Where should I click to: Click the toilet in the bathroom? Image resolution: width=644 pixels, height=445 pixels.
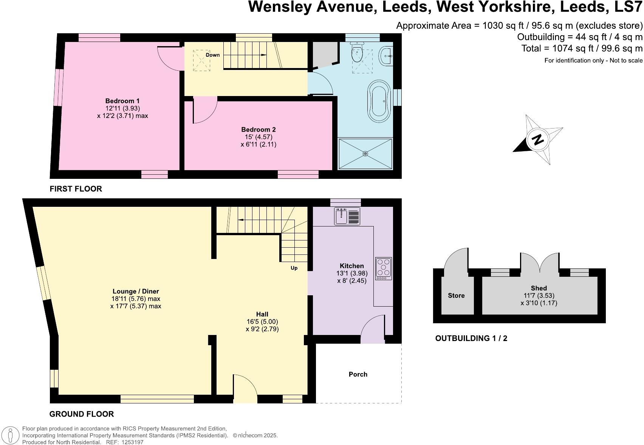tap(357, 53)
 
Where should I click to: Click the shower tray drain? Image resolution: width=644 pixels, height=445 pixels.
tap(365, 154)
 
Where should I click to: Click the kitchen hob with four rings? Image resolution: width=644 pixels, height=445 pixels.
tap(384, 268)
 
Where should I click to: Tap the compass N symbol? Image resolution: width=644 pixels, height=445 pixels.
tap(537, 140)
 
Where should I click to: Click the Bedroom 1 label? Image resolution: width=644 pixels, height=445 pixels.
tap(122, 101)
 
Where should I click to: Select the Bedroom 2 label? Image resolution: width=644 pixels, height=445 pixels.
tap(258, 130)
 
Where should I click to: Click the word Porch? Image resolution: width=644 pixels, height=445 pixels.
tap(358, 374)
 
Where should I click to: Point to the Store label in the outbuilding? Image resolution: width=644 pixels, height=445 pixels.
tap(456, 296)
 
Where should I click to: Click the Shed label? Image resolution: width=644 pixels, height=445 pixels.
tap(539, 288)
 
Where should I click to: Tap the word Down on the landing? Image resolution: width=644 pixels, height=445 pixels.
tap(212, 55)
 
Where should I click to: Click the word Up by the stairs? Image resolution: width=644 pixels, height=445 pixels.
tap(294, 268)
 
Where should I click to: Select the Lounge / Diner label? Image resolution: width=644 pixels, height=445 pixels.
tap(136, 291)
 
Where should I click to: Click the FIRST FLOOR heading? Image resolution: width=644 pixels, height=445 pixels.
tap(76, 189)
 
